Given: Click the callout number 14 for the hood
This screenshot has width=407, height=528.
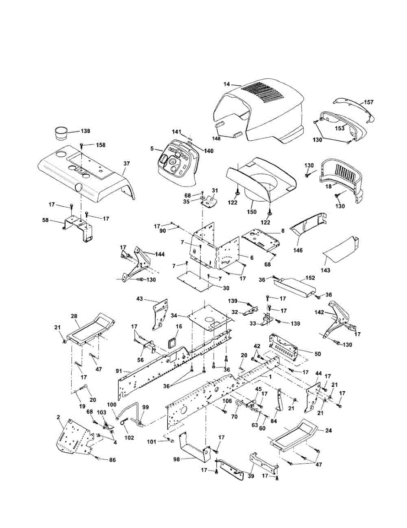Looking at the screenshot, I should [x=227, y=84].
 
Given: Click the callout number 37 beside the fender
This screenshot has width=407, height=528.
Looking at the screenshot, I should [x=127, y=164].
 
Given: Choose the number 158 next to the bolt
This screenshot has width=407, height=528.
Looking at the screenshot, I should [x=101, y=145].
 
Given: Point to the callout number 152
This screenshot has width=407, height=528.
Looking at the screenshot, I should [x=310, y=278].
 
